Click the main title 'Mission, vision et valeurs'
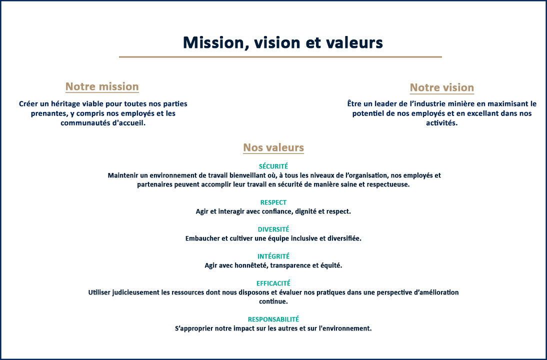pyautogui.click(x=283, y=43)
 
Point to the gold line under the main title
pyautogui.click(x=280, y=56)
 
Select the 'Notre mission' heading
pyautogui.click(x=102, y=86)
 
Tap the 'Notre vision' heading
pyautogui.click(x=442, y=87)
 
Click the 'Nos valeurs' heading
pyautogui.click(x=273, y=147)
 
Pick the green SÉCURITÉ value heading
pyautogui.click(x=273, y=166)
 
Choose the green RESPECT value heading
pyautogui.click(x=273, y=202)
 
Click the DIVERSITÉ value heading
pyautogui.click(x=273, y=229)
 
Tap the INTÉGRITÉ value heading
pyautogui.click(x=273, y=256)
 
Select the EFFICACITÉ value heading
pyautogui.click(x=273, y=283)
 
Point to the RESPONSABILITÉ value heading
pyautogui.click(x=273, y=319)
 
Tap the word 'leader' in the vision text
pyautogui.click(x=386, y=104)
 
